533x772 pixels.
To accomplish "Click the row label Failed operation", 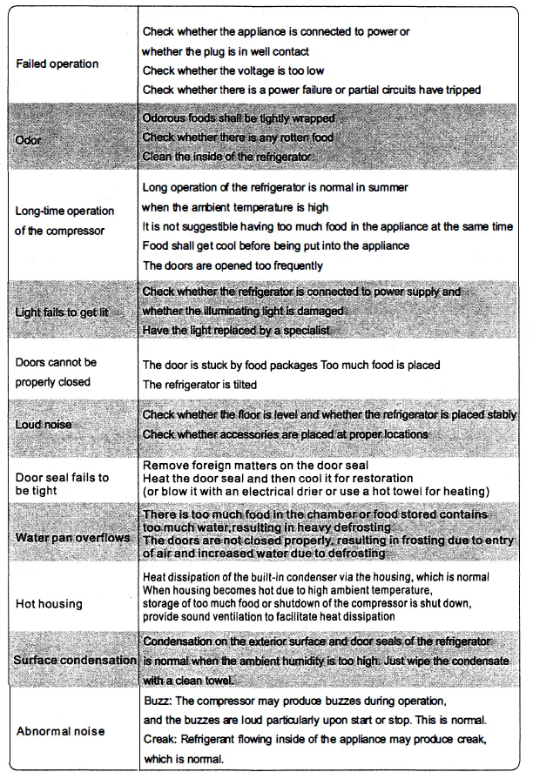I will pyautogui.click(x=57, y=64).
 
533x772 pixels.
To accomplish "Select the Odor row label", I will pyautogui.click(x=29, y=139).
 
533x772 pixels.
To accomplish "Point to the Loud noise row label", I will pyautogui.click(x=44, y=424).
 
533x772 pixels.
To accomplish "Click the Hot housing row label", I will pyautogui.click(x=49, y=603).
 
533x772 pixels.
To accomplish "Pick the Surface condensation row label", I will pyautogui.click(x=75, y=660).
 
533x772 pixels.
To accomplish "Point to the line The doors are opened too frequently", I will pyautogui.click(x=233, y=265).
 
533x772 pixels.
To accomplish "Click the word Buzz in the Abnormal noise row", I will pyautogui.click(x=154, y=700).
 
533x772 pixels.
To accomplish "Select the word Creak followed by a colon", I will pyautogui.click(x=159, y=739).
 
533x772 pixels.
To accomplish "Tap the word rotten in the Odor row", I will pyautogui.click(x=285, y=137).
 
